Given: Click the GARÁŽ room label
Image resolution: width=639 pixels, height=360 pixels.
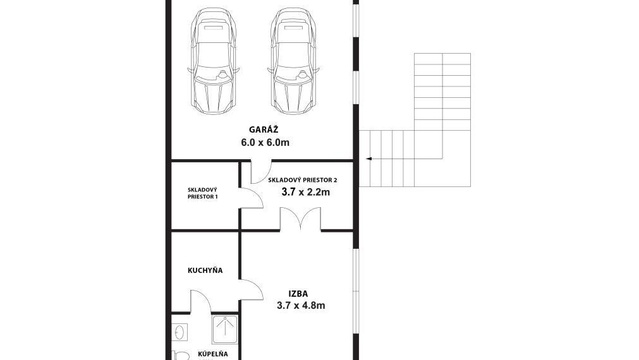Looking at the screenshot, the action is [x=264, y=129].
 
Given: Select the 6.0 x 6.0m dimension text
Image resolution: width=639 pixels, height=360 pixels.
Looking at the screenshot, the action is [x=265, y=143].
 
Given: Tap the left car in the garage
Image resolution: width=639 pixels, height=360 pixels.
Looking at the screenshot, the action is [x=213, y=61].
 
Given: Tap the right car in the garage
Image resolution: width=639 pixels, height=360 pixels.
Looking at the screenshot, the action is [x=293, y=61].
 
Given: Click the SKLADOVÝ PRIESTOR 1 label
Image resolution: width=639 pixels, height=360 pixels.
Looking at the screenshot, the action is [x=202, y=193].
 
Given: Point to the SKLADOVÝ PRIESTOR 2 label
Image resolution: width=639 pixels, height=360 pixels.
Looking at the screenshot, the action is [x=302, y=179].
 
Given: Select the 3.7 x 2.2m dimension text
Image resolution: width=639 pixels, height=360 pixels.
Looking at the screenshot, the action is [x=306, y=192].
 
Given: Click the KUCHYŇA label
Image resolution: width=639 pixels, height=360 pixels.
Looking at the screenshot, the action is [x=205, y=270].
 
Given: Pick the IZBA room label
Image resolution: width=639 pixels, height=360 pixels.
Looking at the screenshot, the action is [x=298, y=294].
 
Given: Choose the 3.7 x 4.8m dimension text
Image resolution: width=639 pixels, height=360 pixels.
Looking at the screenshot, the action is [x=301, y=306].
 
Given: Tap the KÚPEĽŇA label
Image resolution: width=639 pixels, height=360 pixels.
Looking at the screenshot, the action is [x=213, y=354].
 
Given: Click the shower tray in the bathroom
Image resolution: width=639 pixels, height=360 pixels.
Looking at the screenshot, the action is [x=224, y=329].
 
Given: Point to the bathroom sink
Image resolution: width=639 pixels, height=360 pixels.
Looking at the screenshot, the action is [x=180, y=332].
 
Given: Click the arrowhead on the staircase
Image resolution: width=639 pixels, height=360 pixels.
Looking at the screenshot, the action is [x=368, y=159].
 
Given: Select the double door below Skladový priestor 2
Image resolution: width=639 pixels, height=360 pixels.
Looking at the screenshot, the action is [x=300, y=219].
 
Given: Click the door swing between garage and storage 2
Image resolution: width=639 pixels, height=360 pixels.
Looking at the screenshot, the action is [x=261, y=172].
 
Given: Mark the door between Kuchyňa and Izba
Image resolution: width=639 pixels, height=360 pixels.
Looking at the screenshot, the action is [x=251, y=290].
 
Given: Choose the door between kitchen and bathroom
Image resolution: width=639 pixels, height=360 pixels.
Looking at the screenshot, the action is [x=200, y=301].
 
